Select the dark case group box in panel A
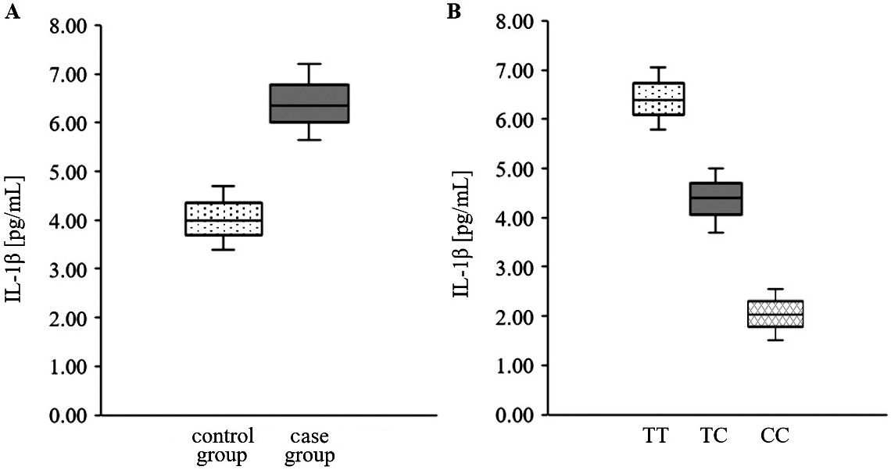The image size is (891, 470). tap(310, 103)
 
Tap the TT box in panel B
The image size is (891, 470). tap(657, 98)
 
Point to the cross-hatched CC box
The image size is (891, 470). tap(775, 314)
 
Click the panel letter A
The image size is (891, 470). tap(10, 11)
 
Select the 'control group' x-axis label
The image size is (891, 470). tap(223, 445)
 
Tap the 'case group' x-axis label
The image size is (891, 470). tap(310, 445)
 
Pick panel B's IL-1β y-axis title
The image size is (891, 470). tap(461, 219)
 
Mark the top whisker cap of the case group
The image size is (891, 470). tap(310, 63)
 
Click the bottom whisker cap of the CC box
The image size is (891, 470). tap(775, 340)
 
